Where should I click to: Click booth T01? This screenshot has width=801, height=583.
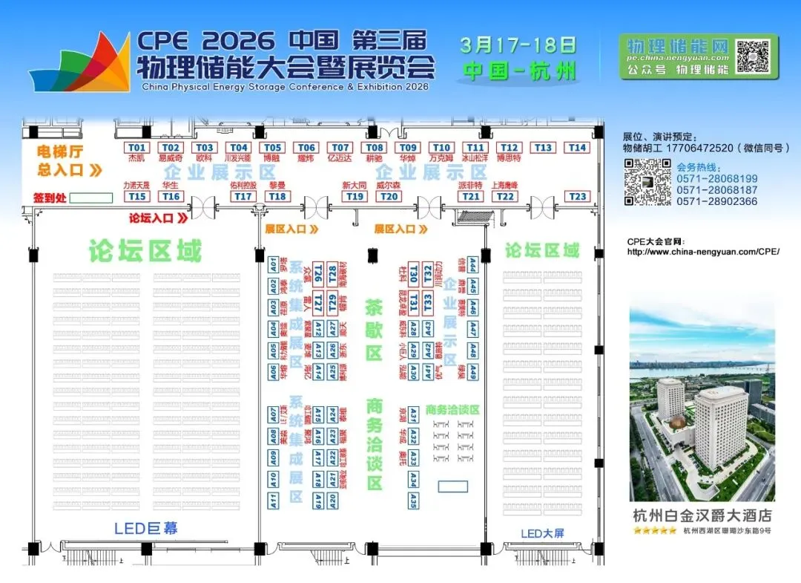pyautogui.click(x=136, y=148)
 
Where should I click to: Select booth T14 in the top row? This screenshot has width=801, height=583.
pyautogui.click(x=577, y=148)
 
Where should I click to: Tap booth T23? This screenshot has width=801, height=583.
pyautogui.click(x=577, y=197)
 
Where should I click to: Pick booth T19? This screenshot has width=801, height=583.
pyautogui.click(x=355, y=197)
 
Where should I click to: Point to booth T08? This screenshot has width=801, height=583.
pyautogui.click(x=374, y=148)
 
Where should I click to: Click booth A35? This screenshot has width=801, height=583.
pyautogui.click(x=413, y=501)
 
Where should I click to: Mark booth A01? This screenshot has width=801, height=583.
pyautogui.click(x=273, y=264)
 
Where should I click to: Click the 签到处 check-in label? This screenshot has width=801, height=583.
pyautogui.click(x=50, y=198)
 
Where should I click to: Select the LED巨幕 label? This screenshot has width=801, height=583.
pyautogui.click(x=146, y=529)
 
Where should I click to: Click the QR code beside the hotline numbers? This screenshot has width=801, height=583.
pyautogui.click(x=642, y=183)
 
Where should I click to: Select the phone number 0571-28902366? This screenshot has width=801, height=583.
pyautogui.click(x=717, y=201)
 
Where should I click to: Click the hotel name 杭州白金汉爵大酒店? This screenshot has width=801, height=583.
pyautogui.click(x=702, y=515)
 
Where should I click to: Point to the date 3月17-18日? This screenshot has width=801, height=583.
pyautogui.click(x=518, y=45)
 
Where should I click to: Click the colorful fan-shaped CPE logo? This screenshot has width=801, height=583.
pyautogui.click(x=80, y=63)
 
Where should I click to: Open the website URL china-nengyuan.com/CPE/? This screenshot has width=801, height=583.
pyautogui.click(x=703, y=252)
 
